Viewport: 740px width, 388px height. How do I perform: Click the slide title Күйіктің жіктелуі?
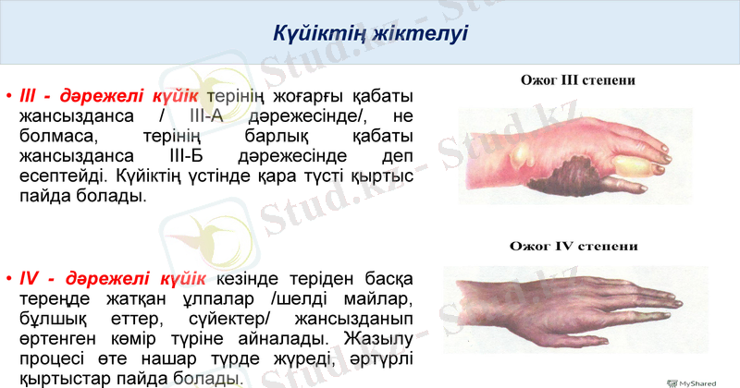click(x=370, y=35)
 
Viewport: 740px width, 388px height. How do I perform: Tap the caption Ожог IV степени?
click(x=575, y=247)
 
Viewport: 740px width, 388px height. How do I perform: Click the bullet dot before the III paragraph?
click(x=8, y=97)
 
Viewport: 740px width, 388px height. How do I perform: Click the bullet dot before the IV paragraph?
click(x=8, y=279)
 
